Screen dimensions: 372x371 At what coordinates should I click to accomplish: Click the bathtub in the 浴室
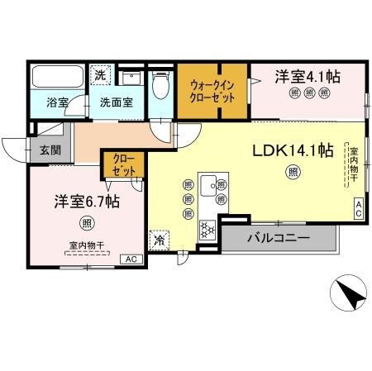click(x=58, y=76)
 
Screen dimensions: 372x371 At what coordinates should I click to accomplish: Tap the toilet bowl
click(x=160, y=85)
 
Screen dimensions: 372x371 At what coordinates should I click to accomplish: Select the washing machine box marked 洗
click(x=100, y=74)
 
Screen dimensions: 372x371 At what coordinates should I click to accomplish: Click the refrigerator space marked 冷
click(x=159, y=240)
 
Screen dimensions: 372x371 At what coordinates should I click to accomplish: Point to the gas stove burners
click(x=207, y=230)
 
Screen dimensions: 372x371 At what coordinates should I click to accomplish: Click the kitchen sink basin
click(x=208, y=185)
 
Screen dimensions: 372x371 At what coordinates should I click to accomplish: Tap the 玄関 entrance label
click(x=50, y=150)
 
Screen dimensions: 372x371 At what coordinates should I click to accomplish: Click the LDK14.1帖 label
click(x=293, y=150)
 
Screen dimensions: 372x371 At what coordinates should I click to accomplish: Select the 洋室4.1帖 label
click(x=308, y=77)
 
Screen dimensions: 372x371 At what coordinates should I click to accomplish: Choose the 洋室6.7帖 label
click(x=87, y=202)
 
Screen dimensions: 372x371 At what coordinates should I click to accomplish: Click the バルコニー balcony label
click(x=279, y=237)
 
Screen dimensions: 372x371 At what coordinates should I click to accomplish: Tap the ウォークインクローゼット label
click(x=212, y=92)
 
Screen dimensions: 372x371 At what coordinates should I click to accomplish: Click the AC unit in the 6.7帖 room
click(x=131, y=259)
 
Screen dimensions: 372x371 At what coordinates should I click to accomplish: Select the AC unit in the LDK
click(x=359, y=209)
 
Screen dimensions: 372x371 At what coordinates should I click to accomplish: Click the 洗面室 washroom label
click(x=117, y=102)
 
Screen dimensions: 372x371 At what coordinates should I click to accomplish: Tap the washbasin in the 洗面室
click(x=131, y=78)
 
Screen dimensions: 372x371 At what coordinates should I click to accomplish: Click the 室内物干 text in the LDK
click(x=354, y=164)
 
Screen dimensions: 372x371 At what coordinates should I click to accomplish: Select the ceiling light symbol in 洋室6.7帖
click(x=87, y=223)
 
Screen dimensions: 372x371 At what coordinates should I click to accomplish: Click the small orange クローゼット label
click(x=124, y=165)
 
